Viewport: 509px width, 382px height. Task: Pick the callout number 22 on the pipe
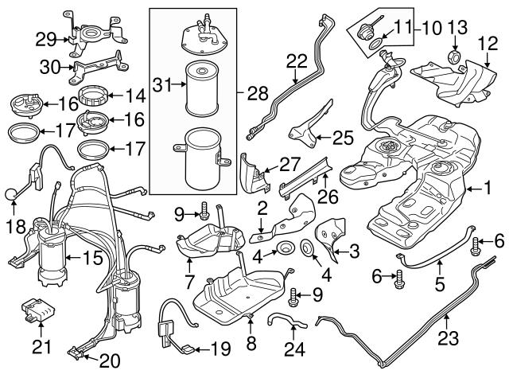296,59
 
